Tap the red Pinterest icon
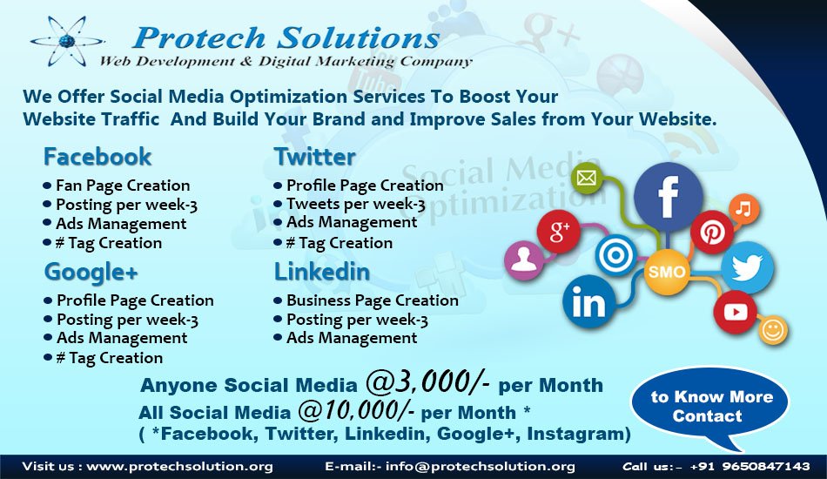[x=712, y=233]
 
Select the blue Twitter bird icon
[x=747, y=267]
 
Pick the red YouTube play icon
[x=735, y=312]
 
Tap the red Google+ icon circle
[x=559, y=232]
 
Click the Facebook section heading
[x=97, y=158]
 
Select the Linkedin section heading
[x=321, y=273]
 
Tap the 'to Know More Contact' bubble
[x=711, y=406]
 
